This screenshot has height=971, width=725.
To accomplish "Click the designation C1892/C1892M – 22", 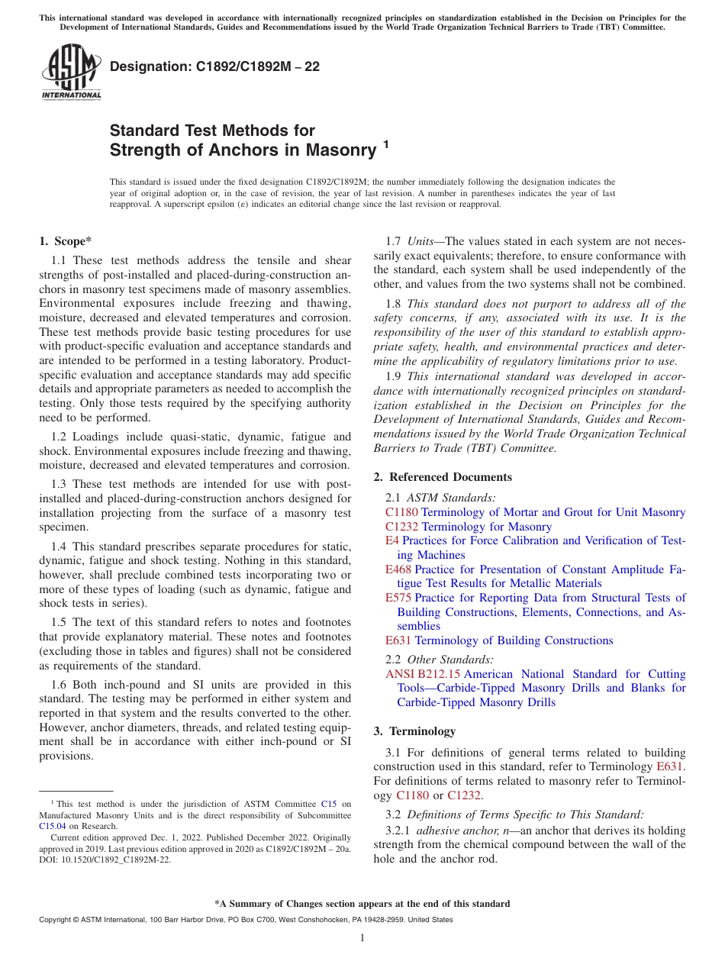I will pyautogui.click(x=214, y=67).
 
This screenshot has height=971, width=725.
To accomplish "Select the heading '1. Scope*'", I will pyautogui.click(x=66, y=241).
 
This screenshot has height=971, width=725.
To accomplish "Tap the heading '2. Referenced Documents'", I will pyautogui.click(x=443, y=477).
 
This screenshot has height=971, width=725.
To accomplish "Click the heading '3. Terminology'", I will pyautogui.click(x=414, y=731).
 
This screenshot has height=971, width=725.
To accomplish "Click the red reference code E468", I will pyautogui.click(x=398, y=569).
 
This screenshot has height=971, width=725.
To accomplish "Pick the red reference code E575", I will pyautogui.click(x=398, y=598).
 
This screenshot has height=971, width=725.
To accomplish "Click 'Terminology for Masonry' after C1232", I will pyautogui.click(x=486, y=527).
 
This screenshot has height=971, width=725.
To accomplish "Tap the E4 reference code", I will pyautogui.click(x=391, y=540).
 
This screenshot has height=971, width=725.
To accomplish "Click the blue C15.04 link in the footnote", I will pyautogui.click(x=53, y=825).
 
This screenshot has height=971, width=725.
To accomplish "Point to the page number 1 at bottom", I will pyautogui.click(x=362, y=937).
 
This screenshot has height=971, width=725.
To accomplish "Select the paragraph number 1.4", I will pyautogui.click(x=60, y=547).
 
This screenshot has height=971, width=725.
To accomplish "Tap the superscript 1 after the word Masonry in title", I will pyautogui.click(x=386, y=143).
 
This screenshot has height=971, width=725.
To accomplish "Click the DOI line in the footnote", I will pyautogui.click(x=105, y=859).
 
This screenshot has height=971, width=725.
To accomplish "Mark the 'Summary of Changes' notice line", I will pyautogui.click(x=362, y=904).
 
